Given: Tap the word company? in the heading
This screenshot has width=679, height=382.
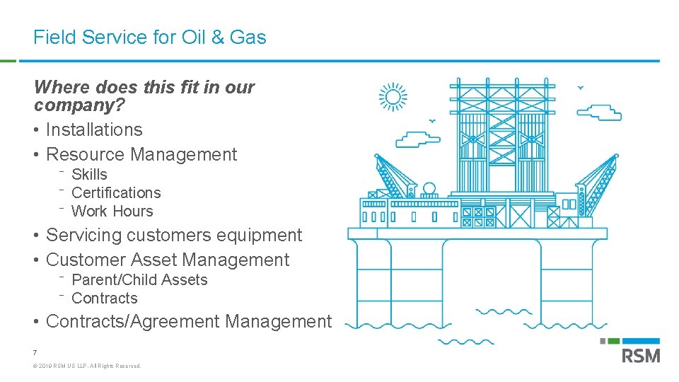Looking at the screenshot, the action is pyautogui.click(x=79, y=106).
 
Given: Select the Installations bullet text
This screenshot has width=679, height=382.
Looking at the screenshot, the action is pyautogui.click(x=94, y=130).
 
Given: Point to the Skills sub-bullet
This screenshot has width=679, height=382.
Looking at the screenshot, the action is pyautogui.click(x=89, y=175).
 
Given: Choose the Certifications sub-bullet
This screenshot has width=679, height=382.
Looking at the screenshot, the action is pyautogui.click(x=116, y=193).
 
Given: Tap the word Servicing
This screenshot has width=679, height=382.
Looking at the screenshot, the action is pyautogui.click(x=87, y=236).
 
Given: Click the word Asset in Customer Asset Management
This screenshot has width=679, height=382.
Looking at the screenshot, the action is pyautogui.click(x=153, y=260).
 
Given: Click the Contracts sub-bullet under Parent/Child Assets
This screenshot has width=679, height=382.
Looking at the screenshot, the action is pyautogui.click(x=105, y=299).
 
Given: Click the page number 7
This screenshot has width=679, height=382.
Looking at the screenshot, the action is pyautogui.click(x=35, y=352).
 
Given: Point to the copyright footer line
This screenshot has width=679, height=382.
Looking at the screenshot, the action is pyautogui.click(x=87, y=366).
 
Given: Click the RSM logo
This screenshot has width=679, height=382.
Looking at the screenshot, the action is pyautogui.click(x=641, y=352).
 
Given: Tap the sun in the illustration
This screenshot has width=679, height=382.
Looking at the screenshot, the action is pyautogui.click(x=393, y=97).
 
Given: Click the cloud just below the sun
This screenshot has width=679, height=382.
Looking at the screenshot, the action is pyautogui.click(x=417, y=139).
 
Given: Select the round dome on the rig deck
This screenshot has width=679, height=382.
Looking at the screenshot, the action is pyautogui.click(x=429, y=190).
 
